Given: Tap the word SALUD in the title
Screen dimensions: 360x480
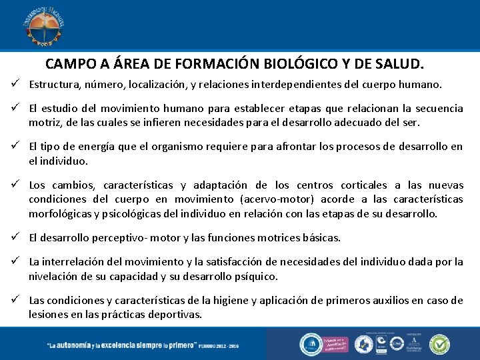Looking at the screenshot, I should click(x=400, y=65).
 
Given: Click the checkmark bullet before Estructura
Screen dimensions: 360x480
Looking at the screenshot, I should click(x=13, y=85).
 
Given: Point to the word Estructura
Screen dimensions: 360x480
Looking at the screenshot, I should click(x=54, y=85).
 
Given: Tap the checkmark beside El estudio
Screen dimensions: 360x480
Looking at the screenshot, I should click(x=13, y=108).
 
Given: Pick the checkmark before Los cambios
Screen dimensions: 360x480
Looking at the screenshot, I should click(x=13, y=185).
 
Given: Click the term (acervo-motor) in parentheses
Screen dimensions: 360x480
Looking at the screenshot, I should click(x=282, y=199).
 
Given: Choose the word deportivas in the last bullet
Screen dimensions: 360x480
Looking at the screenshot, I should click(x=173, y=314).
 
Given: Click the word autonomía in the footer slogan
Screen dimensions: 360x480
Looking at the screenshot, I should click(x=78, y=345).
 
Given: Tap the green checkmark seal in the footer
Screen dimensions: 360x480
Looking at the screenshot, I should click(x=439, y=344).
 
